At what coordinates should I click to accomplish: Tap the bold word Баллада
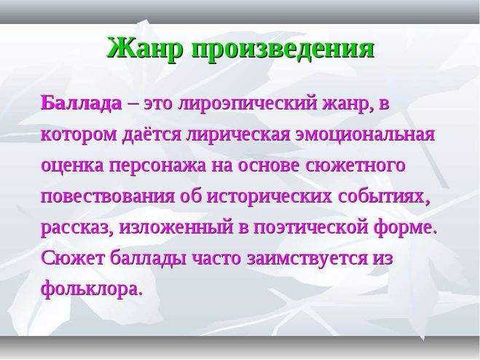pyautogui.click(x=81, y=103)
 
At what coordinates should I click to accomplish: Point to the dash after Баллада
pyautogui.click(x=133, y=104)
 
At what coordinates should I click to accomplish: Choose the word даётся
pyautogui.click(x=152, y=135)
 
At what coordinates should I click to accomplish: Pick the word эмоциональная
pyautogui.click(x=365, y=135)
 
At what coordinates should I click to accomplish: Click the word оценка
pyautogui.click(x=74, y=165)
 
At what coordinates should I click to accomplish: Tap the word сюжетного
pyautogui.click(x=355, y=165)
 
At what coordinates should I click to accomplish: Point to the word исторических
pyautogui.click(x=269, y=197)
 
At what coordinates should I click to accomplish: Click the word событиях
pyautogui.click(x=382, y=197)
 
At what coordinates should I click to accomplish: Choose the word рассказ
pyautogui.click(x=76, y=229)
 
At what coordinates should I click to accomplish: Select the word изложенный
pyautogui.click(x=176, y=227)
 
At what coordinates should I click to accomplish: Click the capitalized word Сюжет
pyautogui.click(x=73, y=258)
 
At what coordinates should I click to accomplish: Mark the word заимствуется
pyautogui.click(x=307, y=259)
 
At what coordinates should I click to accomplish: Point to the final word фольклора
pyautogui.click(x=92, y=289)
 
